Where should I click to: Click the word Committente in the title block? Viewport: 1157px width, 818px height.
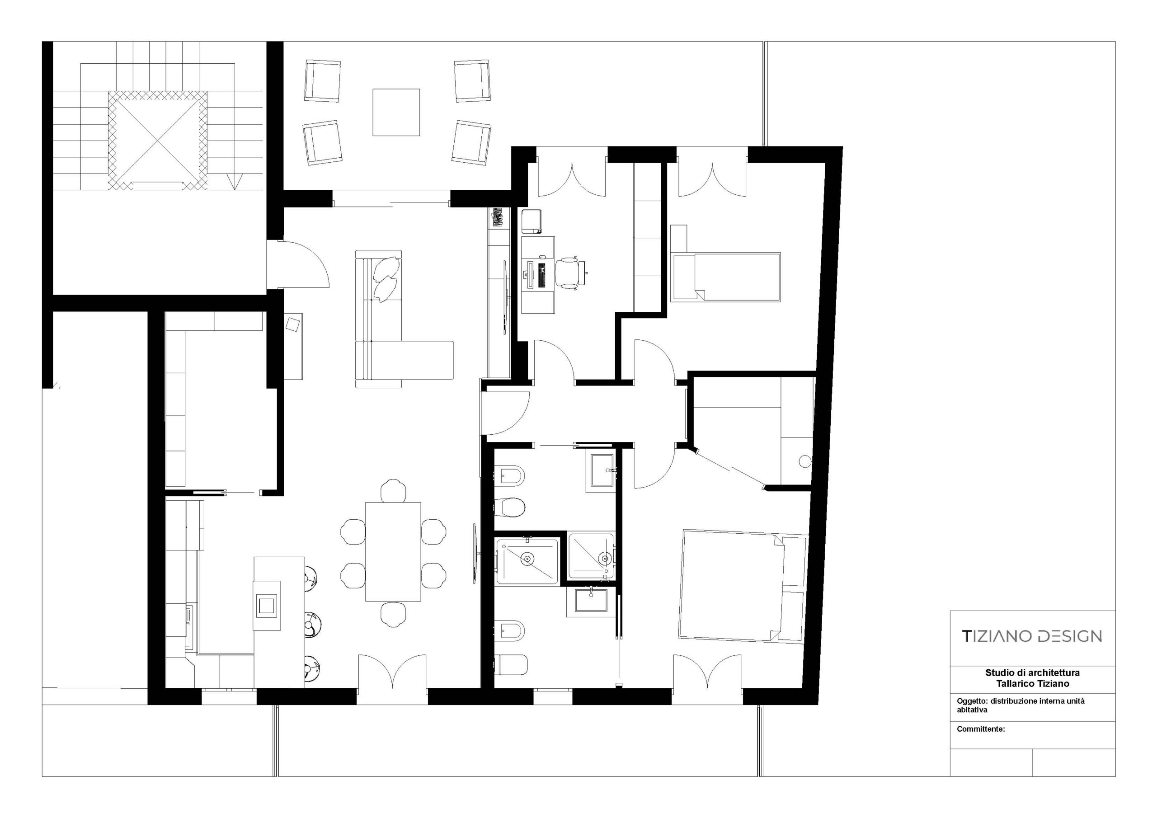981,729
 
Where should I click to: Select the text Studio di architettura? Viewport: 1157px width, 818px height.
1033,673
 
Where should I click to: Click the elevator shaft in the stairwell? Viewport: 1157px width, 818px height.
157,141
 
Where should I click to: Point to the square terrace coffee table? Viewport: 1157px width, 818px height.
396,113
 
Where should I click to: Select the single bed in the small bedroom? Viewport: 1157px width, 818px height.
725,277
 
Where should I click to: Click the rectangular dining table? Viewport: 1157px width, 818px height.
393,551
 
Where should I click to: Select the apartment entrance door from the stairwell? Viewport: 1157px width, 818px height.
298,264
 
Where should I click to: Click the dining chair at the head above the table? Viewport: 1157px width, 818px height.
393,490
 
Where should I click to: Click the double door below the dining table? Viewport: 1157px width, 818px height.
392,679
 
